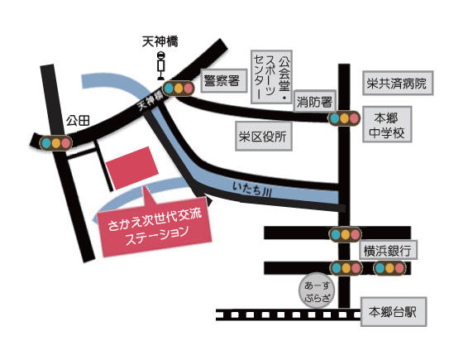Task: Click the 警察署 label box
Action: click(221, 81)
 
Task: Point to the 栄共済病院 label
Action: click(398, 84)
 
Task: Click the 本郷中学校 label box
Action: click(385, 126)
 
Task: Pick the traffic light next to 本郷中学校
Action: click(342, 118)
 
